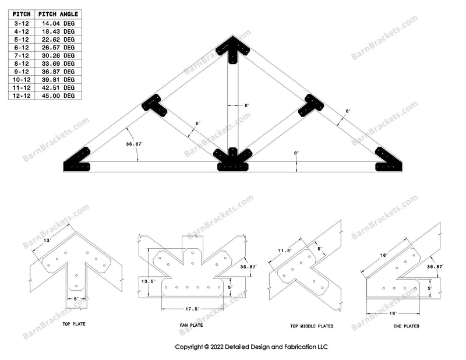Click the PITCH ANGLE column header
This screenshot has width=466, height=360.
(59, 14)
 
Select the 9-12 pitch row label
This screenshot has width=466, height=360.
(21, 71)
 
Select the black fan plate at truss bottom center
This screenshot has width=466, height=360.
(232, 160)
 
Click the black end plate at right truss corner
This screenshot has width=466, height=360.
(386, 161)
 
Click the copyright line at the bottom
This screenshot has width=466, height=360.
(252, 347)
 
